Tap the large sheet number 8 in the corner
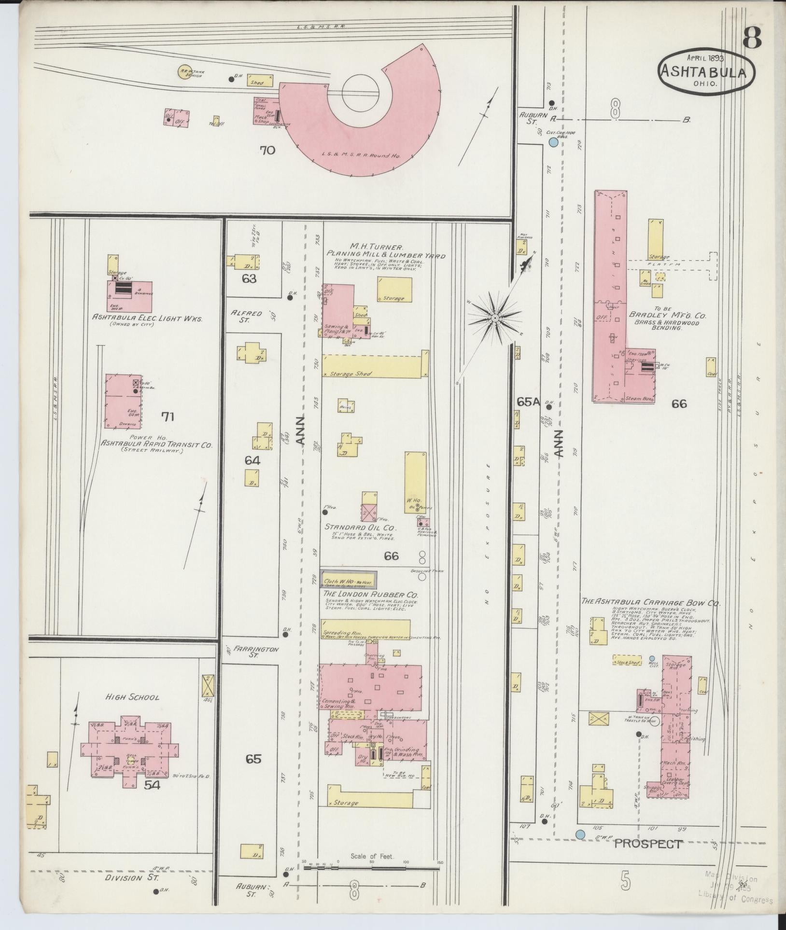(x=752, y=38)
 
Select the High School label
(x=133, y=697)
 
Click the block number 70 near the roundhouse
(x=267, y=151)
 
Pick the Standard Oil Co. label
(x=360, y=526)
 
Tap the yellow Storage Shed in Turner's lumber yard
(x=375, y=366)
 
